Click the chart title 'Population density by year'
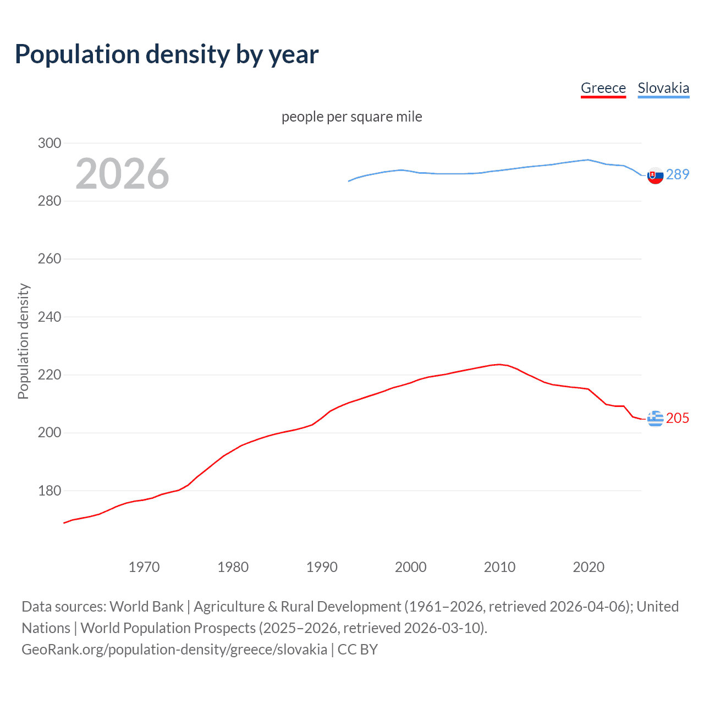[x=167, y=54]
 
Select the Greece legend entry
[x=603, y=88]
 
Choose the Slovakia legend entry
[x=663, y=88]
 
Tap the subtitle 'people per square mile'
[x=352, y=117]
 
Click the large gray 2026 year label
[x=122, y=174]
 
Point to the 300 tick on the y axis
[x=50, y=143]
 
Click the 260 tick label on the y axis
[x=50, y=258]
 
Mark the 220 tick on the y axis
[x=50, y=375]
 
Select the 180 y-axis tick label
[x=50, y=491]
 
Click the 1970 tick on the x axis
[x=144, y=567]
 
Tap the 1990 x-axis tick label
[x=322, y=567]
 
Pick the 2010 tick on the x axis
[x=499, y=567]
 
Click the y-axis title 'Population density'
[x=23, y=341]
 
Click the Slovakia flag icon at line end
[x=655, y=175]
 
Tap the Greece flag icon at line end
[x=655, y=419]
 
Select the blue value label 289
[x=678, y=174]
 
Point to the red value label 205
[x=678, y=418]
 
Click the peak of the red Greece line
[x=499, y=364]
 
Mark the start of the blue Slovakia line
[x=349, y=181]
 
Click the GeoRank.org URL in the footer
[x=174, y=650]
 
